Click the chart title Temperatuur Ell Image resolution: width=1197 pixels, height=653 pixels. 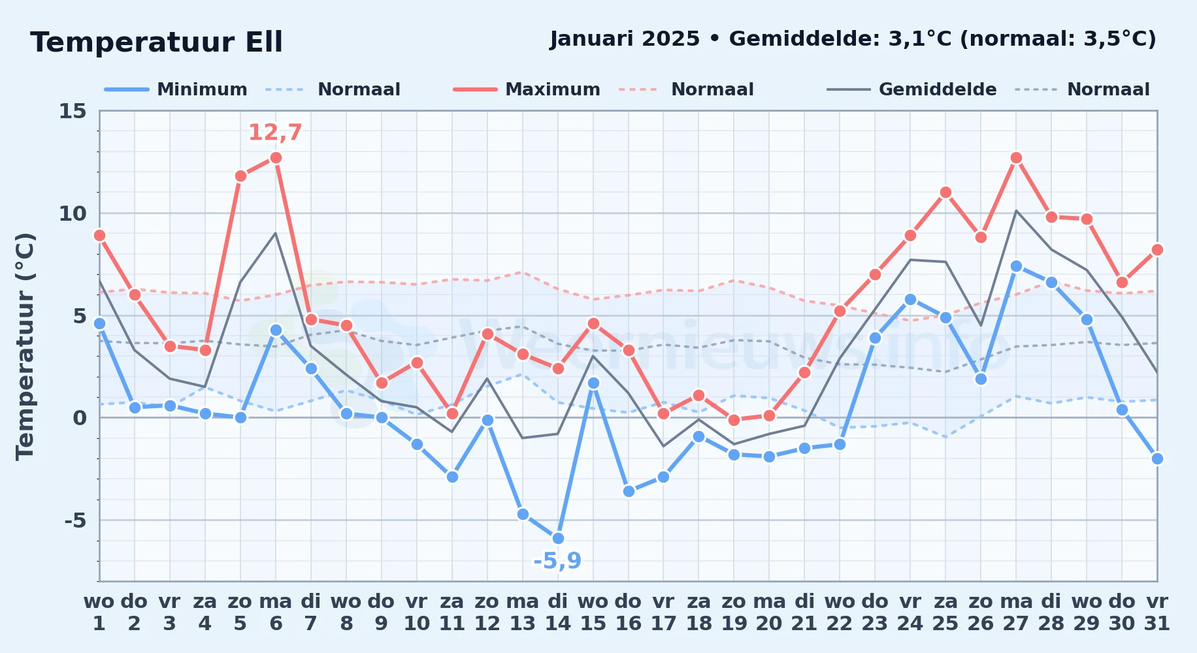(x=156, y=42)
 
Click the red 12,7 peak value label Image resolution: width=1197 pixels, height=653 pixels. (x=275, y=133)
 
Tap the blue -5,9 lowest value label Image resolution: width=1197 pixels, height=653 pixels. (x=557, y=561)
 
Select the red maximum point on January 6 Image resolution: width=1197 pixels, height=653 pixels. (x=276, y=157)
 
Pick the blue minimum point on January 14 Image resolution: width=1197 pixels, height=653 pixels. (x=558, y=538)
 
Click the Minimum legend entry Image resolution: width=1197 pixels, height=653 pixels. (x=176, y=89)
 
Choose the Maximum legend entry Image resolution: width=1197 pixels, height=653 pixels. (x=527, y=89)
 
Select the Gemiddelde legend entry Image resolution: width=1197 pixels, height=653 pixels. (x=912, y=89)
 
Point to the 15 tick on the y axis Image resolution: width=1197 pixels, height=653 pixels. (x=73, y=111)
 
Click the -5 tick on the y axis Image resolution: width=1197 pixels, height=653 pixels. (x=76, y=520)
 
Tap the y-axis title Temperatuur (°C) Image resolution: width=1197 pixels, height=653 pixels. (x=25, y=346)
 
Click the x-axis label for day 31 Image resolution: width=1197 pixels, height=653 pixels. (x=1157, y=612)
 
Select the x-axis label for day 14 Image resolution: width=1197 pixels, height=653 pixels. (x=558, y=612)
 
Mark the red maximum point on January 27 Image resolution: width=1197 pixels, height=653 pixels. (x=1016, y=157)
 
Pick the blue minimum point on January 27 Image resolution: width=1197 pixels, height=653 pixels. (x=1016, y=266)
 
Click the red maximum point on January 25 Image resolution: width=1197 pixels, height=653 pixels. (x=945, y=192)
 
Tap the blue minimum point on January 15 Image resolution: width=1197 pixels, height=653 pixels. (x=593, y=383)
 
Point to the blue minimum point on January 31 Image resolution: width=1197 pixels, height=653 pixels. (x=1157, y=458)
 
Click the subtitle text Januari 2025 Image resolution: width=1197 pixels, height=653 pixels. (x=625, y=39)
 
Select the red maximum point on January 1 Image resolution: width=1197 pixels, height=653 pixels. (x=99, y=235)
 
